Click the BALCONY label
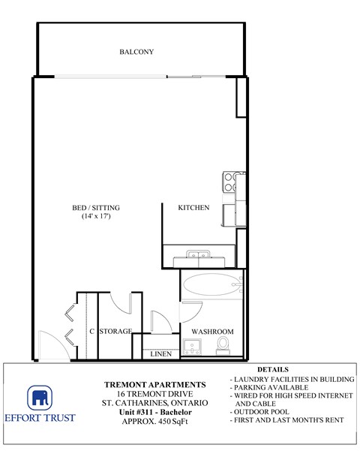pos(136,52)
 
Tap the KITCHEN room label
pos(193,208)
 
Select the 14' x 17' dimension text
pos(96,217)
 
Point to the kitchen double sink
pos(199,257)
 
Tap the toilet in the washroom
pos(223,344)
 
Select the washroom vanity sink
pos(193,346)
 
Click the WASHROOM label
pos(213,331)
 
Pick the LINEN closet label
pos(160,354)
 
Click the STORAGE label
pos(116,331)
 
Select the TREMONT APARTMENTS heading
pos(154,384)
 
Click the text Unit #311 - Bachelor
pos(154,411)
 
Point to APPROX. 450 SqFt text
pos(154,420)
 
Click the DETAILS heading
pos(272,370)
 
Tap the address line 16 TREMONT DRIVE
pos(154,393)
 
